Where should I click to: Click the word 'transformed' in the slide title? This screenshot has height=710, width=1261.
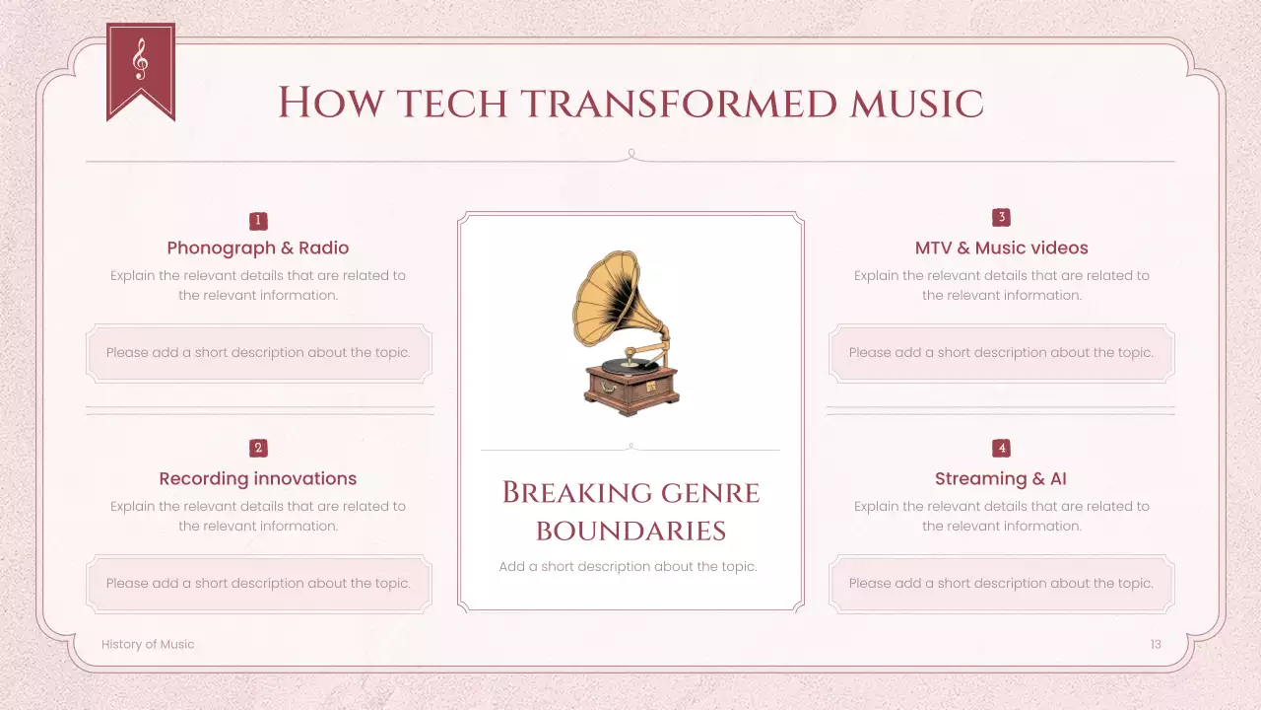point(681,104)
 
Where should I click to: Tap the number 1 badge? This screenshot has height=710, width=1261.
point(258,221)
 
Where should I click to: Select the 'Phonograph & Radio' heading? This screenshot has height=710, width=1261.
point(258,248)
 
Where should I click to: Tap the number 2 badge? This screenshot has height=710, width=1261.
point(258,448)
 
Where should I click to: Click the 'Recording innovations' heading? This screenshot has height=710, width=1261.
point(258,478)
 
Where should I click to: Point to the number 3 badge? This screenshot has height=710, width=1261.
point(1001,217)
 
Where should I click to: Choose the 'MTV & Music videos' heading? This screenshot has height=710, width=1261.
point(1001,248)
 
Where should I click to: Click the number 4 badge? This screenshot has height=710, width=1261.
point(1001,448)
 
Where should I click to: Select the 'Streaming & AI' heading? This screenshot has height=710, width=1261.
point(1001,478)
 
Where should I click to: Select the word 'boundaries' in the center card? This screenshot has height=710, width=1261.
point(630,531)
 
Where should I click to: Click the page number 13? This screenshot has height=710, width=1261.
point(1156,644)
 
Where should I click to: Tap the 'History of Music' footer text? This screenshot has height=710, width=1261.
point(148,644)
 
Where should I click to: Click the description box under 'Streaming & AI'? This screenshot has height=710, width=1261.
point(1001,583)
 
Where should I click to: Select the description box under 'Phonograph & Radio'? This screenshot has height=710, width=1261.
point(258,352)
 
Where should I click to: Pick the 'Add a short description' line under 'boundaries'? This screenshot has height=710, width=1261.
point(629,566)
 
